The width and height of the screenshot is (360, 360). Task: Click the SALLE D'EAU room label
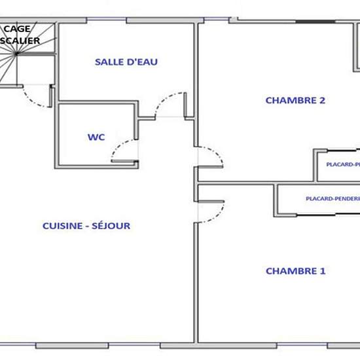point(126,62)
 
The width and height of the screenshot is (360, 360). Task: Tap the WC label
point(96,137)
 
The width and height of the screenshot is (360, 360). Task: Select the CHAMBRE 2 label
point(295,100)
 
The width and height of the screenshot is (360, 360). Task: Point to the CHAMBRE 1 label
point(295,270)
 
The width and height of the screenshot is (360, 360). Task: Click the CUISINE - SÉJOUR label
point(86,226)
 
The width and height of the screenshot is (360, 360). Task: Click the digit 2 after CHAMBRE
point(323,100)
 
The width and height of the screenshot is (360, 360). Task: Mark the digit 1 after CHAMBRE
point(323,270)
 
